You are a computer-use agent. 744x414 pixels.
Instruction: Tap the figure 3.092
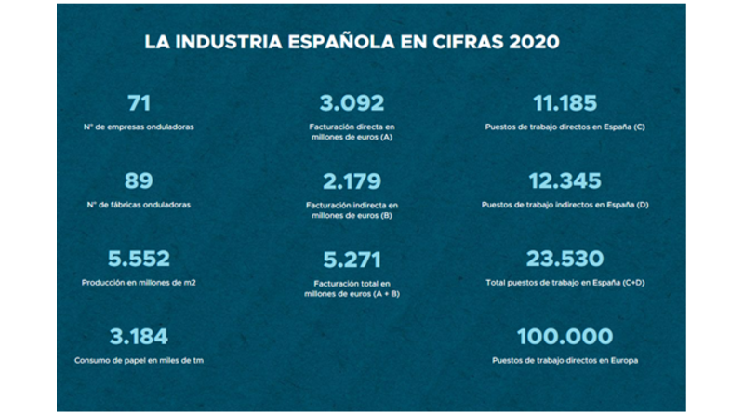352,103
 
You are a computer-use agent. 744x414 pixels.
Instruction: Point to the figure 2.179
351,180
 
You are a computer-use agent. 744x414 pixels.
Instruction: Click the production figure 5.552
138,258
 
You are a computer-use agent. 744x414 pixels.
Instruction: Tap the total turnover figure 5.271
351,260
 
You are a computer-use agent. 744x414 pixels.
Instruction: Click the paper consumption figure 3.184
138,336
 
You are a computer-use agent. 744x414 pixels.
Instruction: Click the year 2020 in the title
533,43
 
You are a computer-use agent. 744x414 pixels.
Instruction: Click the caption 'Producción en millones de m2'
138,282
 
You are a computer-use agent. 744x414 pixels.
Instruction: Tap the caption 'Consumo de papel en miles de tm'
138,360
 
